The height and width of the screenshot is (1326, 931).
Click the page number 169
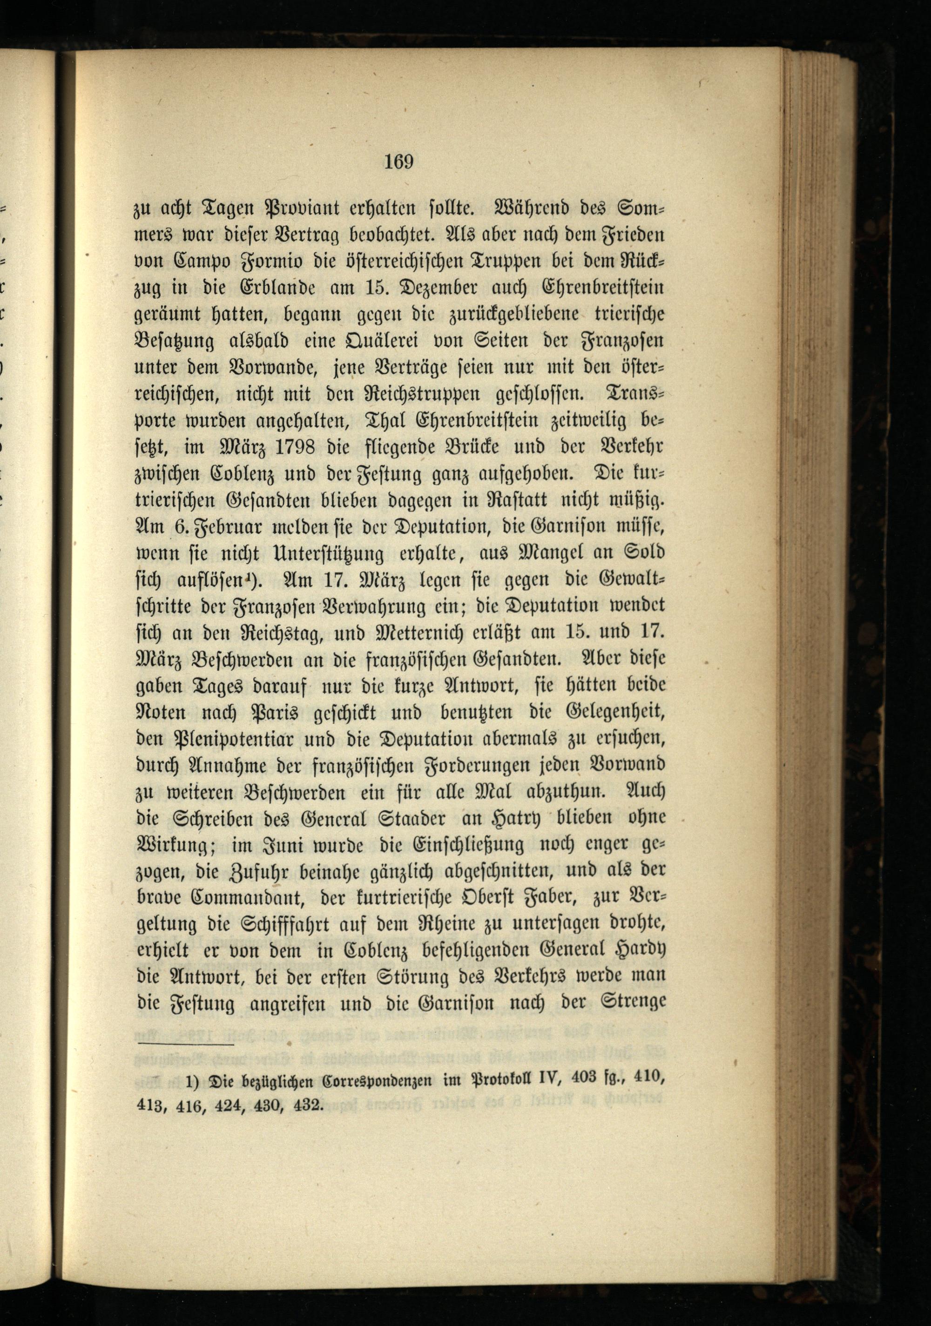point(399,162)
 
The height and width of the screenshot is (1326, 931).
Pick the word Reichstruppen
point(422,394)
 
